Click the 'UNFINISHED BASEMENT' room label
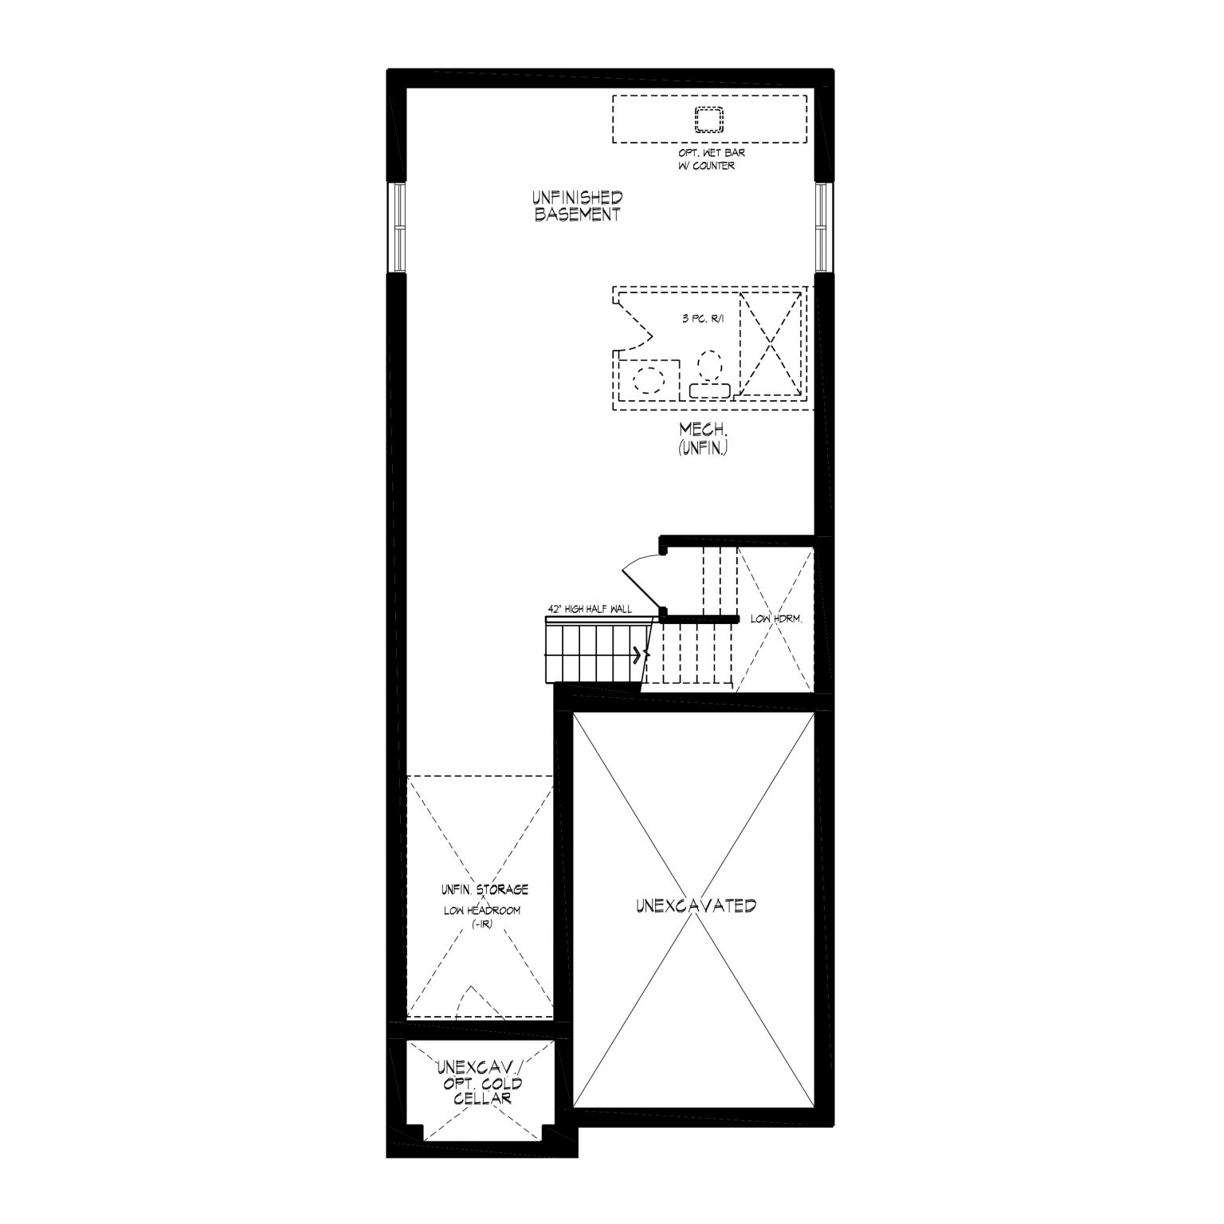tap(578, 206)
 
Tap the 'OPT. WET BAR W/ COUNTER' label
tap(707, 159)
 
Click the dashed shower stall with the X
tap(771, 344)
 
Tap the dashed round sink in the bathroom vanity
tap(645, 379)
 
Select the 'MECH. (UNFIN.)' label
tap(704, 439)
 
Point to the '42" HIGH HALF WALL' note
tap(590, 610)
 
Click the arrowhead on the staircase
tap(637, 656)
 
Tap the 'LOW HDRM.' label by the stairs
tap(775, 619)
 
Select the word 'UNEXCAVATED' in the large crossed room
tap(696, 905)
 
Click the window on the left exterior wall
tap(396, 228)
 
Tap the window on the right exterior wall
tap(823, 228)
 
